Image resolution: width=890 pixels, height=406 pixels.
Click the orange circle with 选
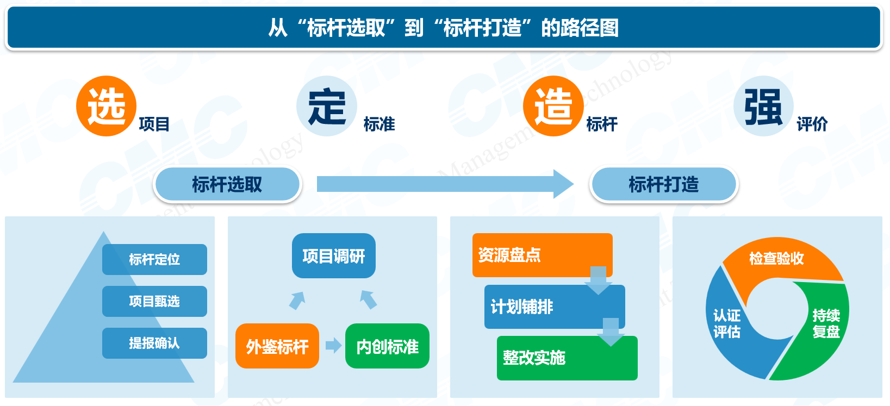[x=106, y=106]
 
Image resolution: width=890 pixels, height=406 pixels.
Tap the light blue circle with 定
[x=327, y=106]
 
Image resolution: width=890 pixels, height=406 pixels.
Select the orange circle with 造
[x=553, y=106]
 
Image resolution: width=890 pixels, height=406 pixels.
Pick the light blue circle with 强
[x=763, y=106]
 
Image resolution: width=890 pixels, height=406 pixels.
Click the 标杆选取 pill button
[x=227, y=185]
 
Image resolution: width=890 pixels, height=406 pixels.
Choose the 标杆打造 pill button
[x=664, y=185]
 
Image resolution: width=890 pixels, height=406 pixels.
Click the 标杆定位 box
[x=154, y=259]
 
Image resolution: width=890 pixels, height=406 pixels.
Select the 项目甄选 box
[x=154, y=301]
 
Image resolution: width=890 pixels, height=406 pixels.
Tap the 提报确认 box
[x=154, y=343]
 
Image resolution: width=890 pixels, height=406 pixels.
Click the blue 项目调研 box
[x=334, y=256]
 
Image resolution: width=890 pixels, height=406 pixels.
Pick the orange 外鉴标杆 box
[x=277, y=346]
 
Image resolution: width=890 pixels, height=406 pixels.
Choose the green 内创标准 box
[x=387, y=346]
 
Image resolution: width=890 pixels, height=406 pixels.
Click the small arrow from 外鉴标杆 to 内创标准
[x=333, y=345]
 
